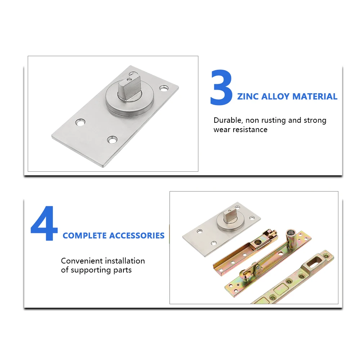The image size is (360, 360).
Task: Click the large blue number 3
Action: pyautogui.click(x=221, y=88)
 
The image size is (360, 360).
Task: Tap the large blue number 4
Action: pyautogui.click(x=44, y=224)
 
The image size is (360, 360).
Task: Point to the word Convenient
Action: pyautogui.click(x=80, y=261)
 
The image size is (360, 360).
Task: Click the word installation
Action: pyautogui.click(x=123, y=261)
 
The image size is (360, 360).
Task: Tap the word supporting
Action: pyautogui.click(x=91, y=270)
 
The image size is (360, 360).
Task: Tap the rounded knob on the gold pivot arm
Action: pyautogui.click(x=246, y=275)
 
